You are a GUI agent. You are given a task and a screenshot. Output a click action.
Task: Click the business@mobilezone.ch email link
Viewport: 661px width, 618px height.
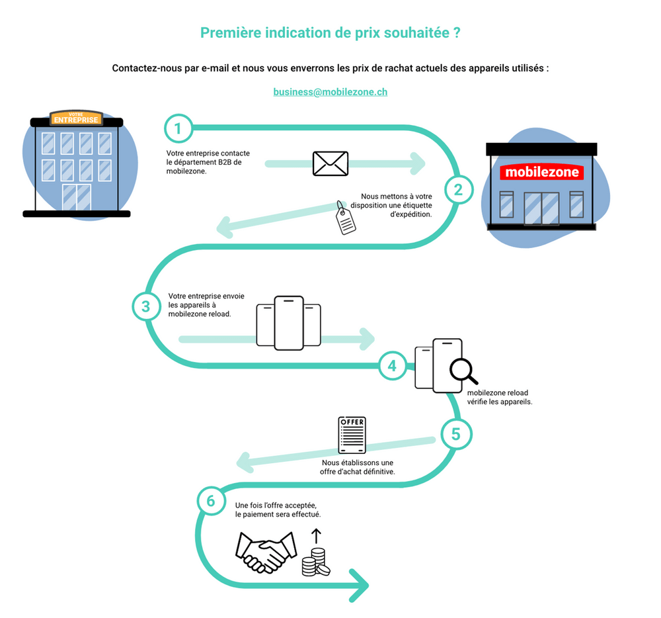(330, 92)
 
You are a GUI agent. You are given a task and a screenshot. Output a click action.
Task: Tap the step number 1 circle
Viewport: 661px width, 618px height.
(178, 128)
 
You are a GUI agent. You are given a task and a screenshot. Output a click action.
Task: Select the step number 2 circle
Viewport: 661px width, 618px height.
(457, 190)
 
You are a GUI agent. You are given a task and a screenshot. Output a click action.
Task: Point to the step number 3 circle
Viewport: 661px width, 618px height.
(146, 306)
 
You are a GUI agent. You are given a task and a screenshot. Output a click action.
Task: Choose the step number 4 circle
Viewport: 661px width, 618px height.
(393, 365)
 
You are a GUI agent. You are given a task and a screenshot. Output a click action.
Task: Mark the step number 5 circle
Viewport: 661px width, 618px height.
(456, 434)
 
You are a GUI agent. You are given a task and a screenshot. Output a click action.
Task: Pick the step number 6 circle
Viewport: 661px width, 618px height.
(211, 501)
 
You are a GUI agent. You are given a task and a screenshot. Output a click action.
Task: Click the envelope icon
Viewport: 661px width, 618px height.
(330, 163)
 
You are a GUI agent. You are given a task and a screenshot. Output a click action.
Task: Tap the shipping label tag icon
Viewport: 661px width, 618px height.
(345, 218)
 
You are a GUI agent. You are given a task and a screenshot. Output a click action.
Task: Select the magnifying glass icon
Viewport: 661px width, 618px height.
(463, 371)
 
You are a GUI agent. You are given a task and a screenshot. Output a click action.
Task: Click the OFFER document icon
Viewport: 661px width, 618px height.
(352, 435)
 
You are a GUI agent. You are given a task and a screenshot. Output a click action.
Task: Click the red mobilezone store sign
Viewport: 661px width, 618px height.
(541, 173)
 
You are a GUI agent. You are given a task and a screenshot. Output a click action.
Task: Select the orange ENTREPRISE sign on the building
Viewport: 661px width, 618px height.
(76, 120)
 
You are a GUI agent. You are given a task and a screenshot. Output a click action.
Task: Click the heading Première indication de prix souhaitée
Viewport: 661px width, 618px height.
(330, 33)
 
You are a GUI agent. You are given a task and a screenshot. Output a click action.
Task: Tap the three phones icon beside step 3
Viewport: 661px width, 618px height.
(289, 322)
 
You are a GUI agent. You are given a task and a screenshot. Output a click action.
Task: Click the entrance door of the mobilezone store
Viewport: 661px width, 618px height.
(541, 207)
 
